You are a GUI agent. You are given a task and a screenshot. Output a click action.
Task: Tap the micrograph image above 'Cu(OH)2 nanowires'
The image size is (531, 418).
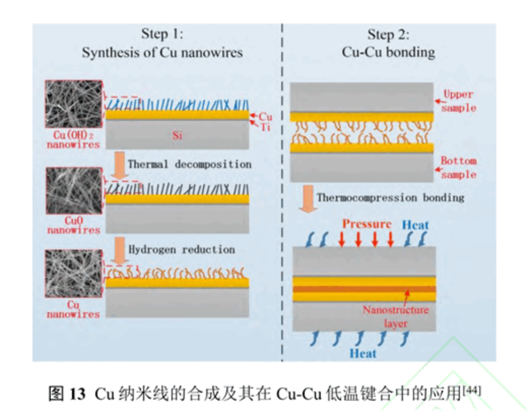(x=73, y=104)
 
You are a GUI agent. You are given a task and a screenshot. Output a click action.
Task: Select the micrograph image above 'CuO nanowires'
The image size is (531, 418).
(x=73, y=190)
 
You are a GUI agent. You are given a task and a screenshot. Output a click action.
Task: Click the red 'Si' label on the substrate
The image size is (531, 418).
(x=177, y=136)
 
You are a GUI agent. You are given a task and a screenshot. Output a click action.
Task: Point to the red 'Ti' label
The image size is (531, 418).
(x=265, y=127)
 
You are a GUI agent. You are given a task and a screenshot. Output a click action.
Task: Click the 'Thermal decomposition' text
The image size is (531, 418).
(x=190, y=164)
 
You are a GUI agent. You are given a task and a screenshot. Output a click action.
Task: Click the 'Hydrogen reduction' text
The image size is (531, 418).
(x=182, y=249)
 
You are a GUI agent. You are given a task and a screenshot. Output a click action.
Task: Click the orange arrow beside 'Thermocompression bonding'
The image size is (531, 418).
(x=307, y=199)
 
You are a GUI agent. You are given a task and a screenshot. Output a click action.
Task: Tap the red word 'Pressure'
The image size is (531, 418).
(x=366, y=224)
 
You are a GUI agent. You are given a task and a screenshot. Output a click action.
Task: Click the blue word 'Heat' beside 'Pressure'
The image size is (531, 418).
(x=415, y=225)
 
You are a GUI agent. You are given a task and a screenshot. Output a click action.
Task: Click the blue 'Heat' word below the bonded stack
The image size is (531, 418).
(x=363, y=354)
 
